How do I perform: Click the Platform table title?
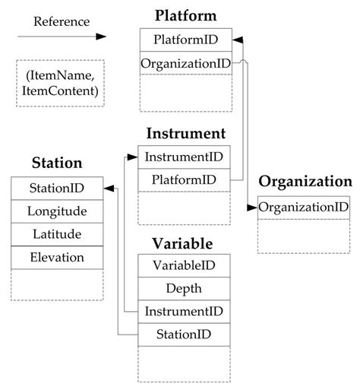pos(185,15)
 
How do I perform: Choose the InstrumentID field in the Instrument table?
pos(184,157)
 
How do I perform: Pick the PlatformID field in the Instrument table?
pos(184,180)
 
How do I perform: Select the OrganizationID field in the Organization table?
pos(303,207)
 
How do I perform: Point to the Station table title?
pos(56,162)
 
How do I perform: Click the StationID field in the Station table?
pos(56,187)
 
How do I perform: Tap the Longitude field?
pos(56,211)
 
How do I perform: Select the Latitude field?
pos(56,234)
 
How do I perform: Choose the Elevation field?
pos(56,258)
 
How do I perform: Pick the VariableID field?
pos(184,265)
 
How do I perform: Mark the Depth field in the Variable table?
pos(184,288)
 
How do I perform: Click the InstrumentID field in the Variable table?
pos(184,311)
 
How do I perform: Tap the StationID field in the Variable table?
pos(184,334)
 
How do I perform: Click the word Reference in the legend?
pos(61,21)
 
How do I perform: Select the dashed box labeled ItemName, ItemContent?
pos(61,84)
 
